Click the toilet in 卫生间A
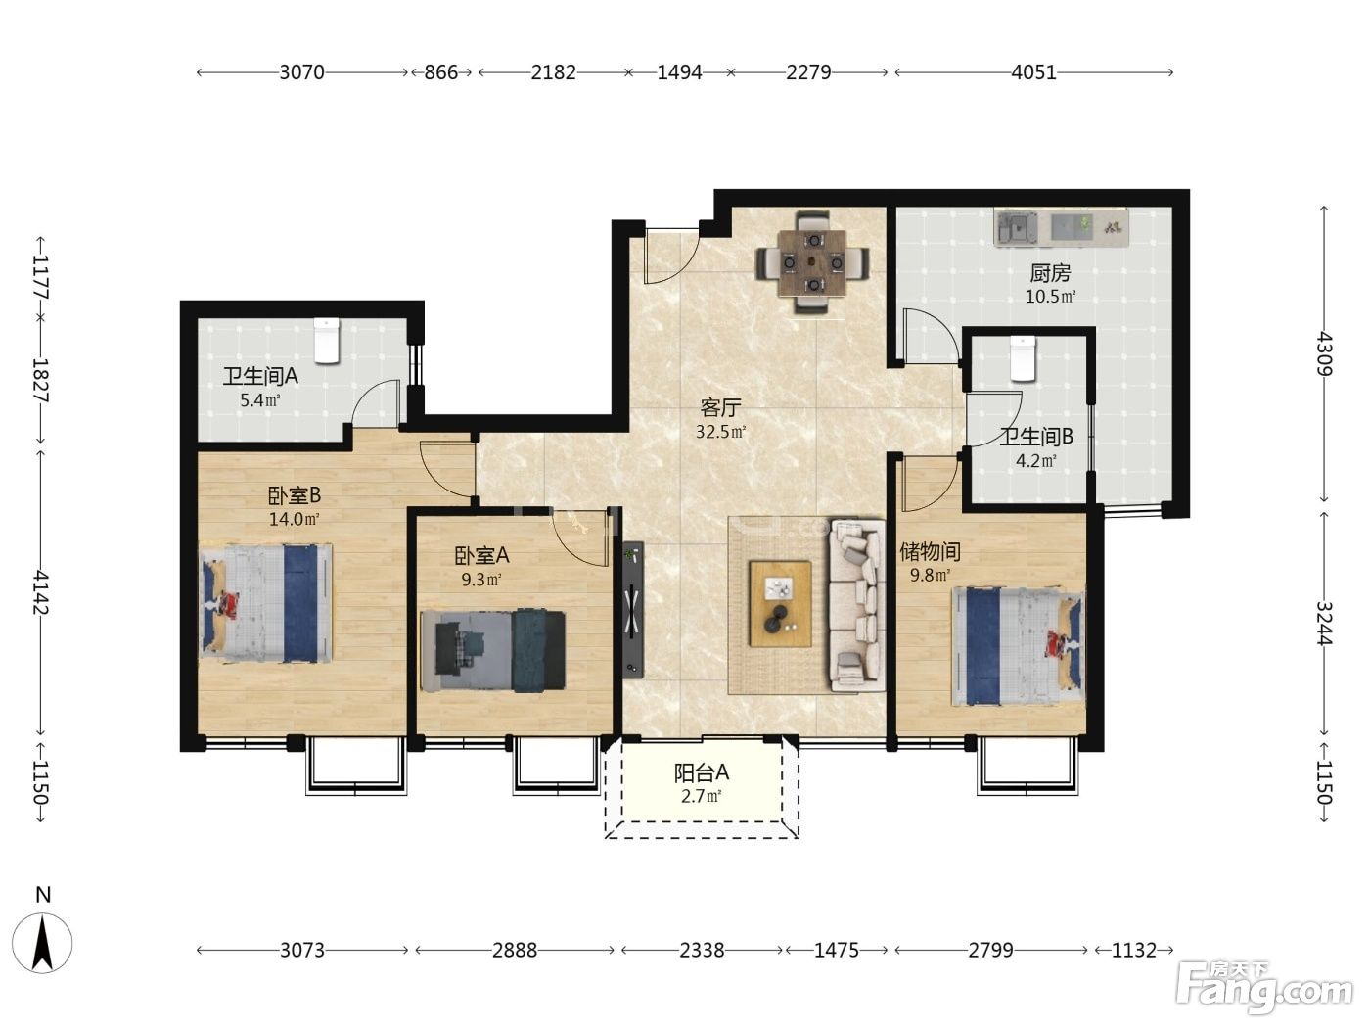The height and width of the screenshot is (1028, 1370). pyautogui.click(x=327, y=340)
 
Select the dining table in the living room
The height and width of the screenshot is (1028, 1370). pyautogui.click(x=812, y=263)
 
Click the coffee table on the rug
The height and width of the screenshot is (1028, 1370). pyautogui.click(x=780, y=603)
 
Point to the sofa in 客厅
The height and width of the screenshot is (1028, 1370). pyautogui.click(x=855, y=605)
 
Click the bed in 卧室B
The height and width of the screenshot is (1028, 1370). pyautogui.click(x=266, y=602)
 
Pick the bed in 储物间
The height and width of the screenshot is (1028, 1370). pyautogui.click(x=1018, y=646)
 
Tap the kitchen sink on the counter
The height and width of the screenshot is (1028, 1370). pyautogui.click(x=1016, y=226)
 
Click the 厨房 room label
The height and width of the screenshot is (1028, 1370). pyautogui.click(x=1050, y=273)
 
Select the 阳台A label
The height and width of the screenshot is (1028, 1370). pyautogui.click(x=701, y=772)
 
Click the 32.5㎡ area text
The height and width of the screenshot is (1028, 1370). pyautogui.click(x=721, y=432)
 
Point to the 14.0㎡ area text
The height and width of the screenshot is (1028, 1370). pyautogui.click(x=294, y=519)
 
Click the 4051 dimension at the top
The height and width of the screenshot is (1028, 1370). pyautogui.click(x=1033, y=72)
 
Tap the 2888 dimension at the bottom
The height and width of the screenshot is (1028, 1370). pyautogui.click(x=515, y=950)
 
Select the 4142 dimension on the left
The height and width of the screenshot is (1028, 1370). pyautogui.click(x=41, y=591)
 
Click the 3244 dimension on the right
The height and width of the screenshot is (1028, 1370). pyautogui.click(x=1324, y=624)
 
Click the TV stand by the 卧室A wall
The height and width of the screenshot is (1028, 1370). pyautogui.click(x=633, y=609)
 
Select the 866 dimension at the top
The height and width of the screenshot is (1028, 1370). pyautogui.click(x=440, y=72)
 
